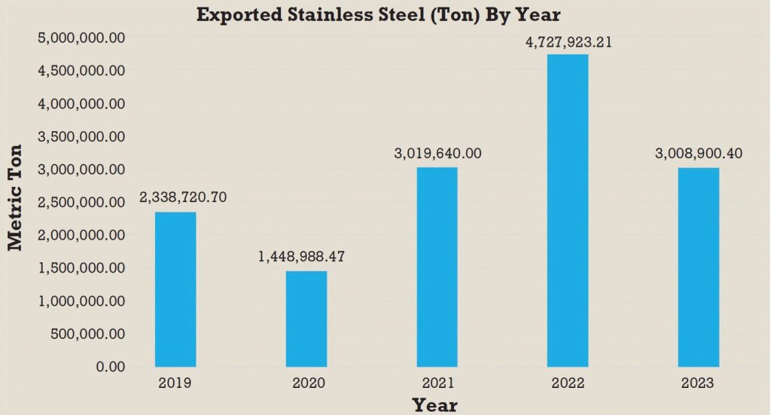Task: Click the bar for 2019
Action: click(175, 289)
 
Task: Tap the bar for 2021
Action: click(437, 267)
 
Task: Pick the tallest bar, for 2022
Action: click(568, 210)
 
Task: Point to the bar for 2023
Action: click(699, 267)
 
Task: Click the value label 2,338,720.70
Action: click(183, 197)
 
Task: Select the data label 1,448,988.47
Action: click(301, 257)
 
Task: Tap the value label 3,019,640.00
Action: click(437, 154)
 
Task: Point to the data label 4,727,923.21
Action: click(568, 42)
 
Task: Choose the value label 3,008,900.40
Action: click(699, 154)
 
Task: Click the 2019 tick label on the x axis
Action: click(175, 383)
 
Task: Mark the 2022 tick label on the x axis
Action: click(568, 383)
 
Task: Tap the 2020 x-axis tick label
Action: click(306, 383)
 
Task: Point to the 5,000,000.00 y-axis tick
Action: click(81, 38)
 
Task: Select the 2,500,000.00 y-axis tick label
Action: click(81, 202)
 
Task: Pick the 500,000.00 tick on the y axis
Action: click(87, 334)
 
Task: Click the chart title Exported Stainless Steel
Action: click(379, 14)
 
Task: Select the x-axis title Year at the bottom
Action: click(434, 404)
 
